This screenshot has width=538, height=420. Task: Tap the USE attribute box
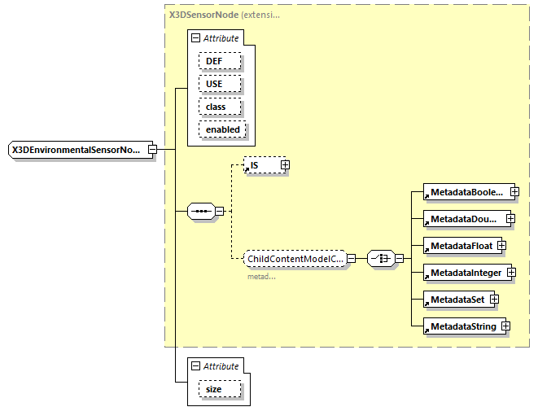click(x=212, y=84)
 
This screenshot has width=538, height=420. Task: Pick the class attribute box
click(x=216, y=107)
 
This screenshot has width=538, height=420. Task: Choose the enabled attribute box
click(x=222, y=129)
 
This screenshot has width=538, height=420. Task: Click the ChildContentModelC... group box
click(x=295, y=258)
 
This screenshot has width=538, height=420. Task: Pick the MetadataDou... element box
click(x=464, y=218)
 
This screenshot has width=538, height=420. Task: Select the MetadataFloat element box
click(x=460, y=245)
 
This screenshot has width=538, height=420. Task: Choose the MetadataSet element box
click(x=456, y=300)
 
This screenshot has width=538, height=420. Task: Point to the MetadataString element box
click(x=461, y=326)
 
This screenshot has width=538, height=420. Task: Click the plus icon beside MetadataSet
click(x=494, y=300)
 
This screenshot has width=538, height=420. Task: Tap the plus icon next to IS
click(x=285, y=165)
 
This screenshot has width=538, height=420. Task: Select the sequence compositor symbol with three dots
click(x=200, y=212)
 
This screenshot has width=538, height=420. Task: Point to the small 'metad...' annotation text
click(x=261, y=277)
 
